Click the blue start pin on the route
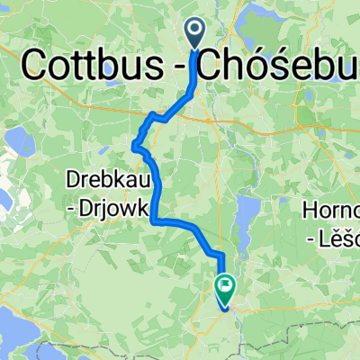pyautogui.click(x=196, y=33)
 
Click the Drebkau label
pyautogui.click(x=104, y=179)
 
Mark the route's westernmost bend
pyautogui.click(x=135, y=144)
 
